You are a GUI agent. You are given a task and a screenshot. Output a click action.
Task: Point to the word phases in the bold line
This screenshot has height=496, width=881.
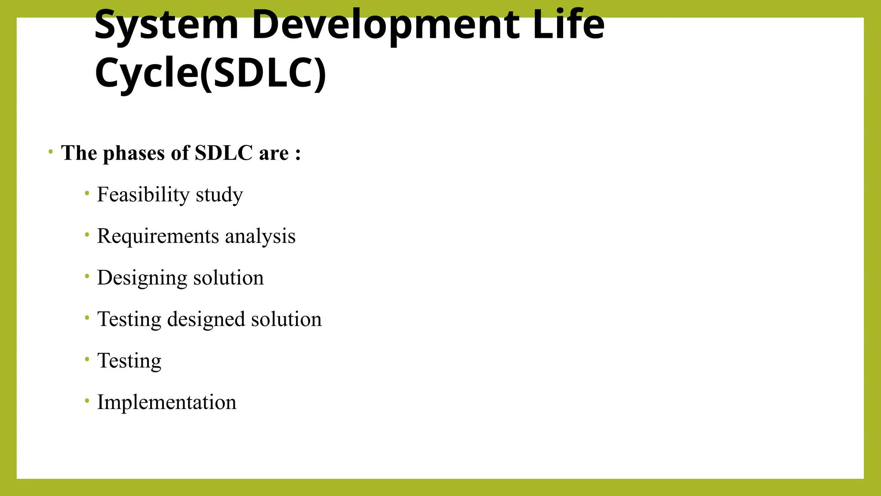pos(134,153)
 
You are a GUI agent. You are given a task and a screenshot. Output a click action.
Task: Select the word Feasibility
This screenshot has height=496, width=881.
pos(143,195)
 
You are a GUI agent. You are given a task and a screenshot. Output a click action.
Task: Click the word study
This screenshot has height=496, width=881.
pos(219,195)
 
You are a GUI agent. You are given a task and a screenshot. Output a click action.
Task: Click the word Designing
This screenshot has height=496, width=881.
pos(142,278)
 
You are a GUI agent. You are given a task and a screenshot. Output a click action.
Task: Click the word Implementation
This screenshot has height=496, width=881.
pos(166,402)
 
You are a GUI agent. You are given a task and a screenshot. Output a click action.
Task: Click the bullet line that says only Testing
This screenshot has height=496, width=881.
pos(129,361)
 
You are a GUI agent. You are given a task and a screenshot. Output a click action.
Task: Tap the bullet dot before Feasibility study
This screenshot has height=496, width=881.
pos(87,194)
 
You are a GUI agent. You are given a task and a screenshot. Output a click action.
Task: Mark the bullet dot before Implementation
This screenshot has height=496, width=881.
pos(87,401)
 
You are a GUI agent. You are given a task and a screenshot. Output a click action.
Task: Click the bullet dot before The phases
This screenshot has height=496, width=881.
pos(51,152)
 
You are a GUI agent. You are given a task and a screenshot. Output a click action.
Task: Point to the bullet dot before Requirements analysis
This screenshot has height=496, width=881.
pos(87,235)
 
